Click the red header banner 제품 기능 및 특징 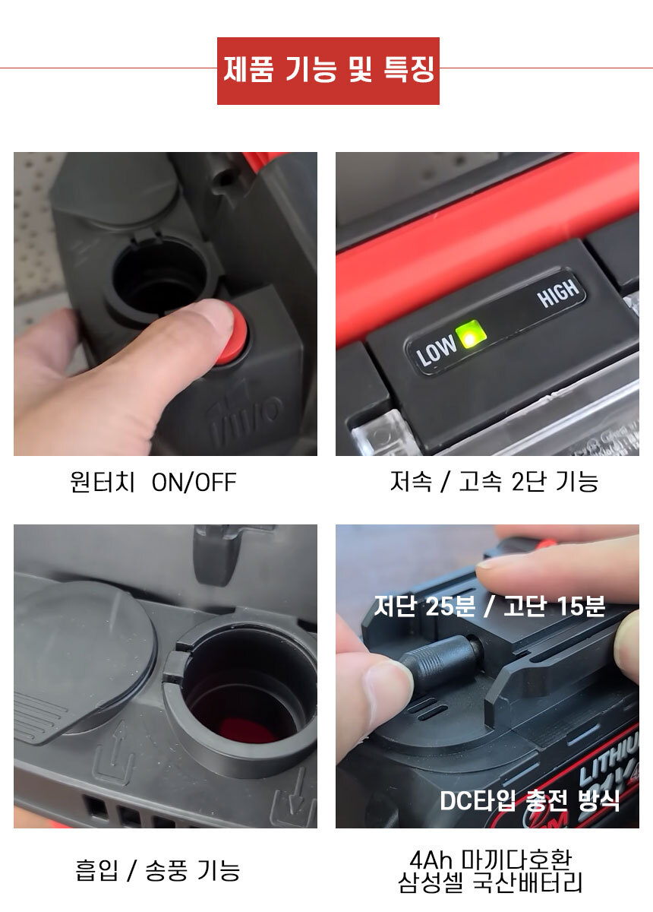point(328,71)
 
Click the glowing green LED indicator point(470,336)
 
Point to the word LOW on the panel point(436,350)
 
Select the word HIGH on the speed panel point(558,292)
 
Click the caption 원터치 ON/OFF point(153,482)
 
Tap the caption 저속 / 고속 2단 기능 point(494,481)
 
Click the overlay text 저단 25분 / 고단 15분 point(490,606)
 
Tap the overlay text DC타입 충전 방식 point(530,800)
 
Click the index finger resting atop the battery point(557,568)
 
